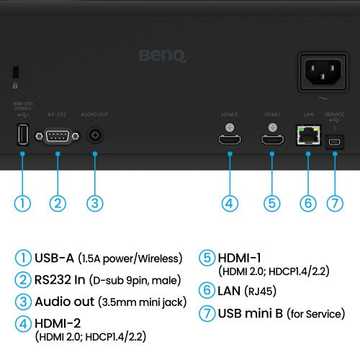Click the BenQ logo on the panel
coord(163,54)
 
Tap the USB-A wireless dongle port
coord(22,136)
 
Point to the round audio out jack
coord(94,136)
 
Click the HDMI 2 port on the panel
coord(230,140)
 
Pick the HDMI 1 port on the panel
coord(271,140)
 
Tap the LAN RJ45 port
coord(308,135)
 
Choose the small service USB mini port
coord(334,141)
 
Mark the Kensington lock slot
coord(16,72)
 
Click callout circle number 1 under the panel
coord(22,203)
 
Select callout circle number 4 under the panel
coord(230,203)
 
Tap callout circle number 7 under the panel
coord(334,203)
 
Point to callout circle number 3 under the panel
coord(94,203)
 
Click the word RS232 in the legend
coord(55,279)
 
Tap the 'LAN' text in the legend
coord(228,291)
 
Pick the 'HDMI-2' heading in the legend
coord(59,323)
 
